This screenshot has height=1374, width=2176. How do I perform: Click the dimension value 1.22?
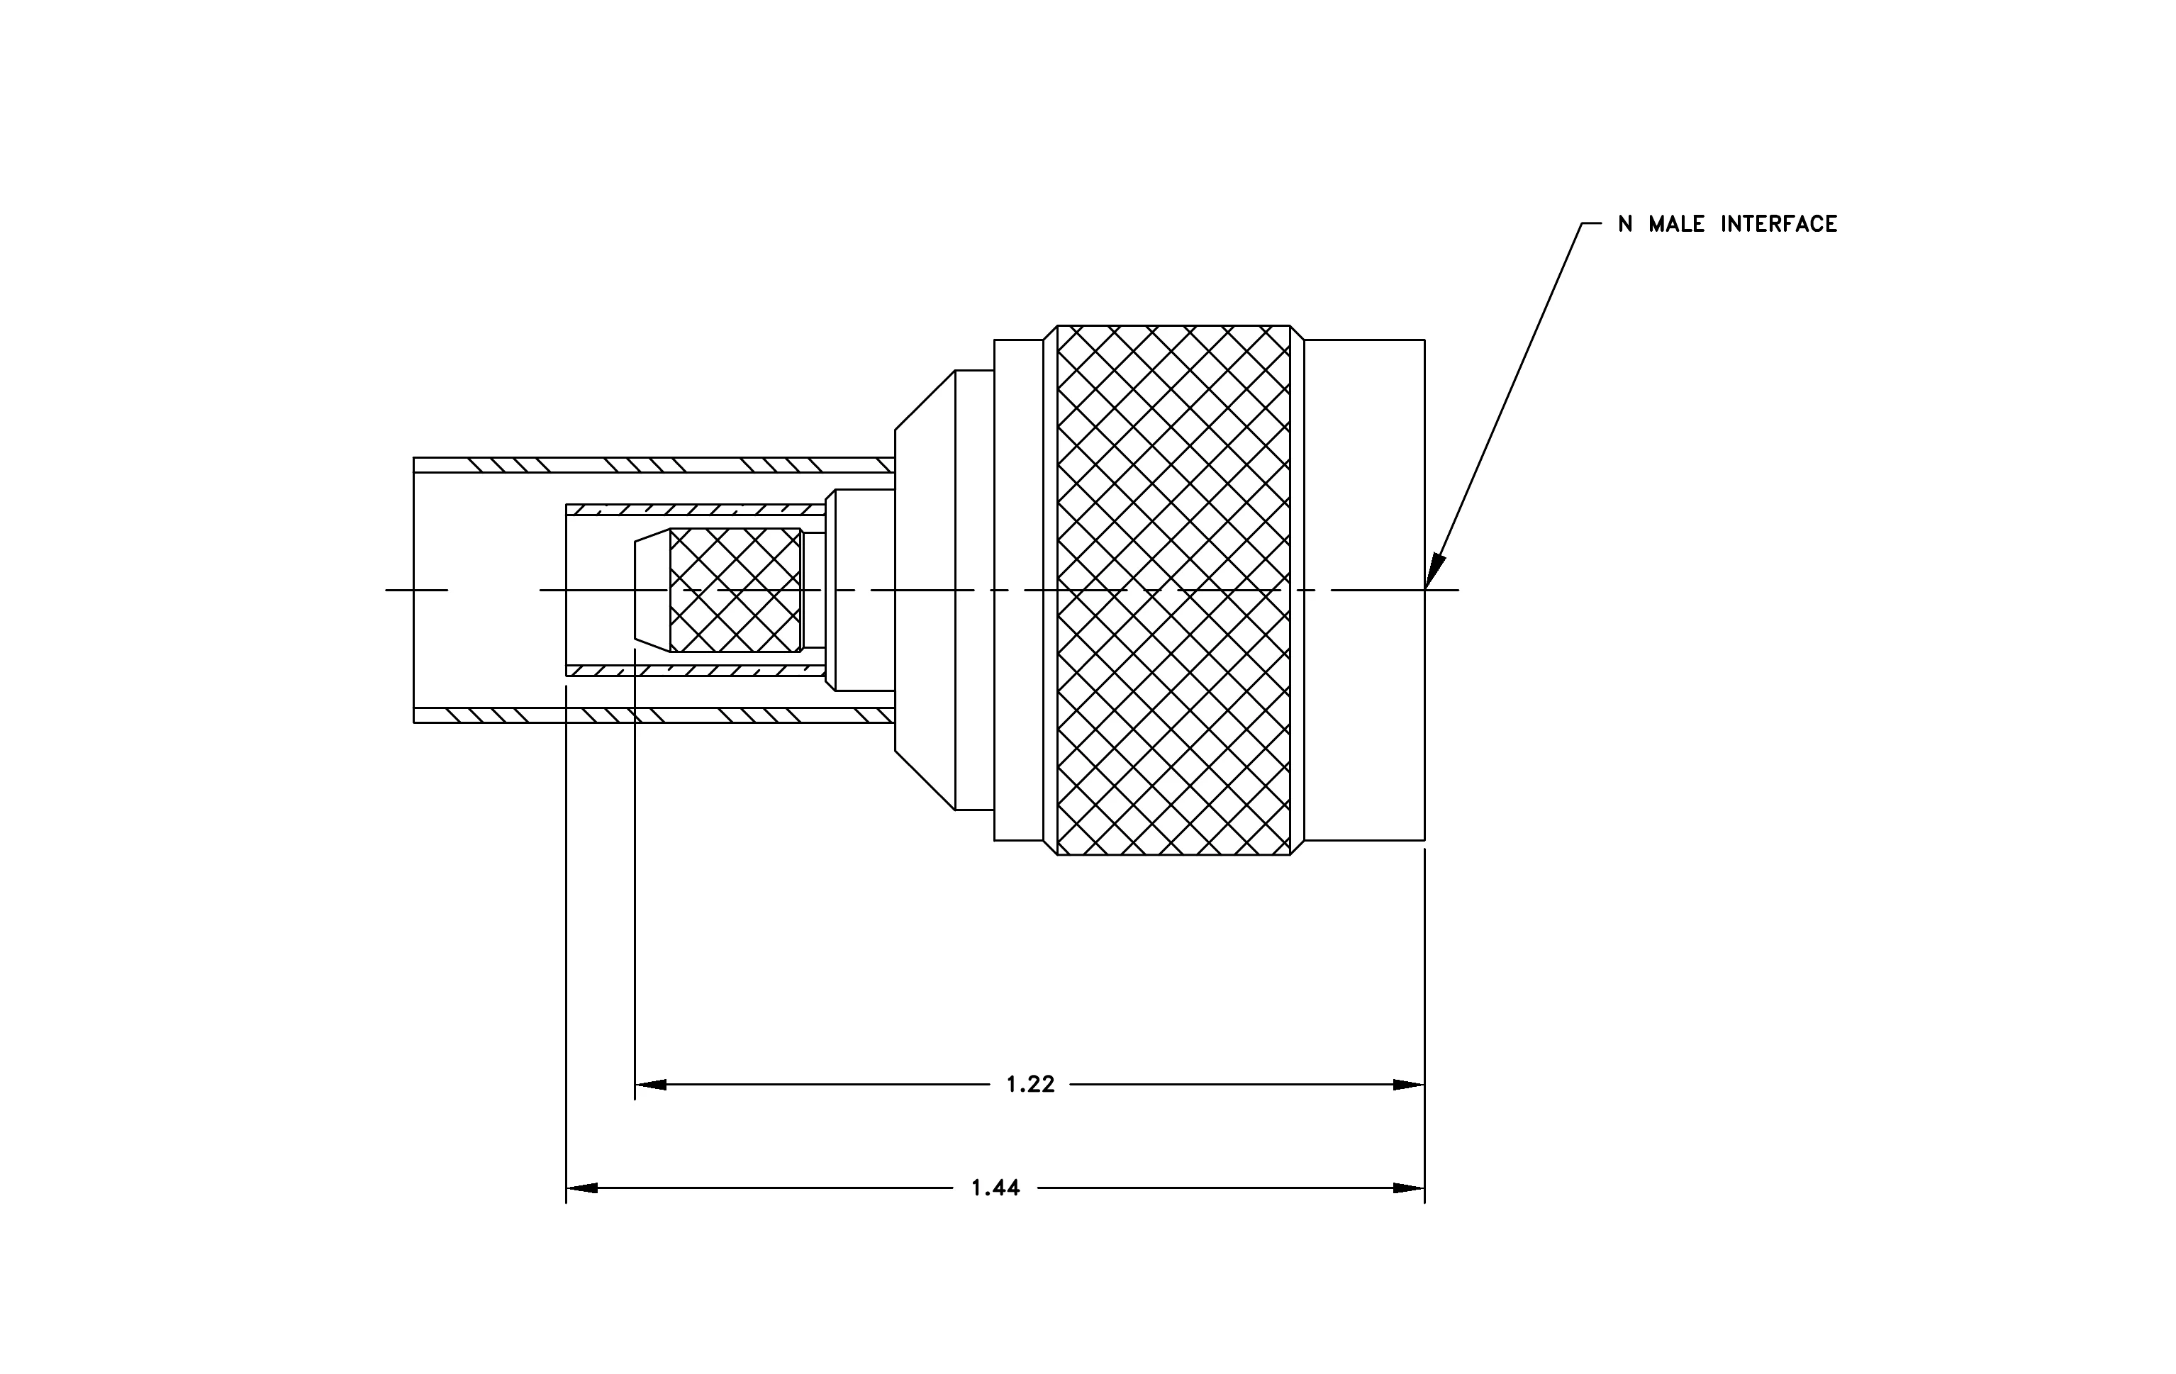pos(1030,1084)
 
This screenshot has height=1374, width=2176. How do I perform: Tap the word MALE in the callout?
pos(1677,224)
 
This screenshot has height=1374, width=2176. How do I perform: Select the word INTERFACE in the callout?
pos(1778,224)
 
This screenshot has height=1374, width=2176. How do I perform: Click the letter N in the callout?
pos(1626,224)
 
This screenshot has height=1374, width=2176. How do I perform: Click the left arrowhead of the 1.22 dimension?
pos(651,1084)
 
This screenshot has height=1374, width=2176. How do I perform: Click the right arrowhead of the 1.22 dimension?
pos(1409,1084)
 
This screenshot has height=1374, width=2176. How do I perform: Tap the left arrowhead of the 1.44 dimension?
pos(582,1188)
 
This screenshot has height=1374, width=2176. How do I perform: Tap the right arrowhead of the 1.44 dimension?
pos(1409,1188)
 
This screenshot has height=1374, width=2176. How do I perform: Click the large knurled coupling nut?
pos(1173,590)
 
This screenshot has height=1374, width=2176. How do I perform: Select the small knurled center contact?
pos(735,590)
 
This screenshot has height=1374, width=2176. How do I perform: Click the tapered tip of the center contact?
pos(652,590)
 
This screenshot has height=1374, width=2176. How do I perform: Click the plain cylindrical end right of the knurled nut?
pos(1364,590)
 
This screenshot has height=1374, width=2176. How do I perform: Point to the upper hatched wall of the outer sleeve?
pos(653,465)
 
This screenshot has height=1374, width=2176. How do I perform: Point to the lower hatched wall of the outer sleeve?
pos(653,715)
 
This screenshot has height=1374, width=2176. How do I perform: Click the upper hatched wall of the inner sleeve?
pos(695,510)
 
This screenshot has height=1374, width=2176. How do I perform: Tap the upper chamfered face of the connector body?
pos(925,400)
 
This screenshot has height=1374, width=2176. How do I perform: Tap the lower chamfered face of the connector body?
pos(925,780)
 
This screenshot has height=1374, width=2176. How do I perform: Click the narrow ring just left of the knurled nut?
pos(1050,590)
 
